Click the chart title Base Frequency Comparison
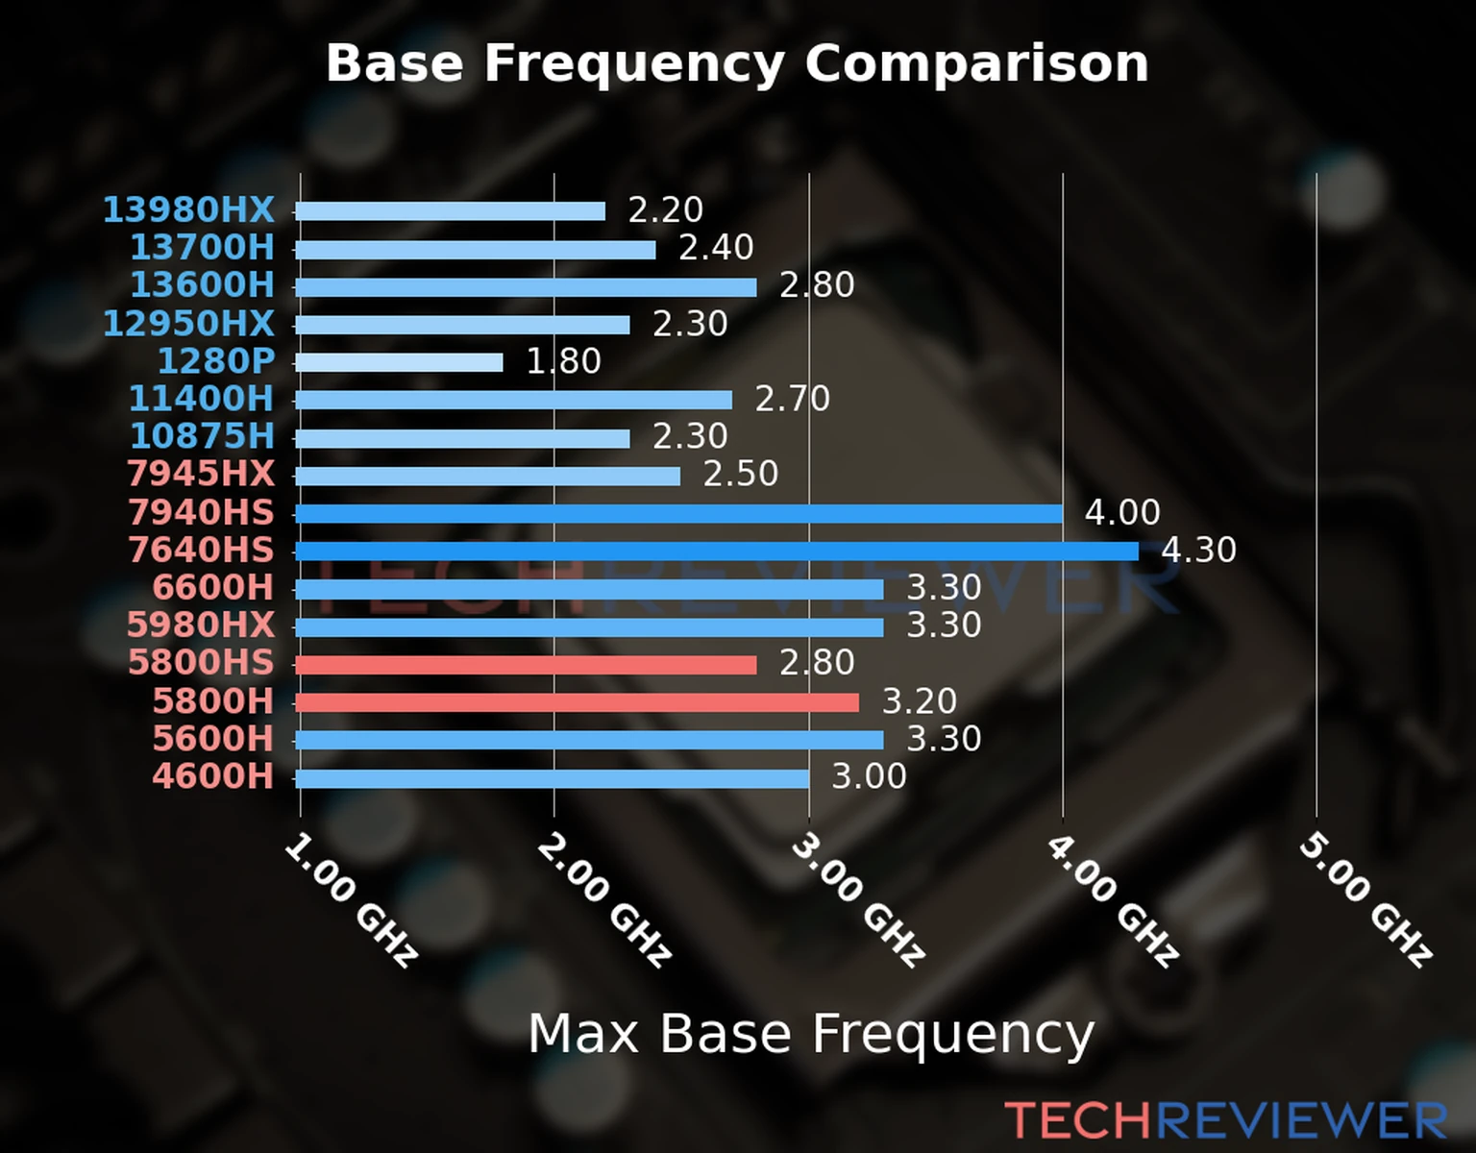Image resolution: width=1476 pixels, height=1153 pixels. [737, 63]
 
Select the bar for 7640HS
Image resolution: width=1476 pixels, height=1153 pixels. [716, 551]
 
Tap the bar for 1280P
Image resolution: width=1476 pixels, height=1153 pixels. [399, 362]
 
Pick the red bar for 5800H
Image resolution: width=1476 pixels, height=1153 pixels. [577, 702]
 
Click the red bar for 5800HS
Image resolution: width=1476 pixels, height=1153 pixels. [526, 665]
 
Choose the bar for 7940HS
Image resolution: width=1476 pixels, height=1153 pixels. [678, 513]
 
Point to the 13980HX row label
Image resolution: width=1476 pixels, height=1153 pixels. [188, 209]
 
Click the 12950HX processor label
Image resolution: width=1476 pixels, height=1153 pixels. [188, 324]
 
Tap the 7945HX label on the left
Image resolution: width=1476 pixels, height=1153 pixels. [201, 474]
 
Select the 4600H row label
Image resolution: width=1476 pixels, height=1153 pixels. [212, 776]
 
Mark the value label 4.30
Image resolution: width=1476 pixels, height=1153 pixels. [1198, 551]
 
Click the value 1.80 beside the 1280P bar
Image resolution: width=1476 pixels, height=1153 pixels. [563, 361]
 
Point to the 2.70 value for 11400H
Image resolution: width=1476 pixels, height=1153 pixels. [792, 399]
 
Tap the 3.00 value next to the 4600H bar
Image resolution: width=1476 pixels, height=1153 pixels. [869, 776]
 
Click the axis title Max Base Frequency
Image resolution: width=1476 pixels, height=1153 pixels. [811, 1034]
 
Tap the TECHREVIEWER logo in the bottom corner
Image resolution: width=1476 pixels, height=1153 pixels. [1225, 1121]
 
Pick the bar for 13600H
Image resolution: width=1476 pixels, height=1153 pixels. [526, 286]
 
